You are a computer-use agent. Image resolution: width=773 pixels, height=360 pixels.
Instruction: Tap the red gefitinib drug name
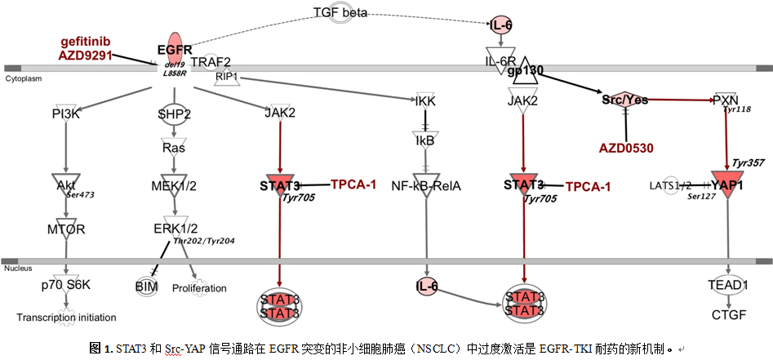coord(90,41)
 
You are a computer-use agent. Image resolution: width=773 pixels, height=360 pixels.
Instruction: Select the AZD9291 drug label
coord(86,56)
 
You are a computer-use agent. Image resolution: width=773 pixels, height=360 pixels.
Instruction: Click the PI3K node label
coord(64,113)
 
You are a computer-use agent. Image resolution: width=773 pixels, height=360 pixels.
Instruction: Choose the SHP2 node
coord(174,114)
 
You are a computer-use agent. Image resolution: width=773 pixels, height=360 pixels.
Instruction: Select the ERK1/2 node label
coord(175,228)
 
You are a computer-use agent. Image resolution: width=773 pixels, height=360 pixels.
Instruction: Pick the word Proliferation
coord(198,288)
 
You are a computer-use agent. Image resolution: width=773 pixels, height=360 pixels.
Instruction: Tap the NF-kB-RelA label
coord(424,185)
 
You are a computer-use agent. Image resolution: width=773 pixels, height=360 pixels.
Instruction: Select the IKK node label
coord(424,100)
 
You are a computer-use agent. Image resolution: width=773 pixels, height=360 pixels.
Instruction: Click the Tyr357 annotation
coord(748,163)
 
